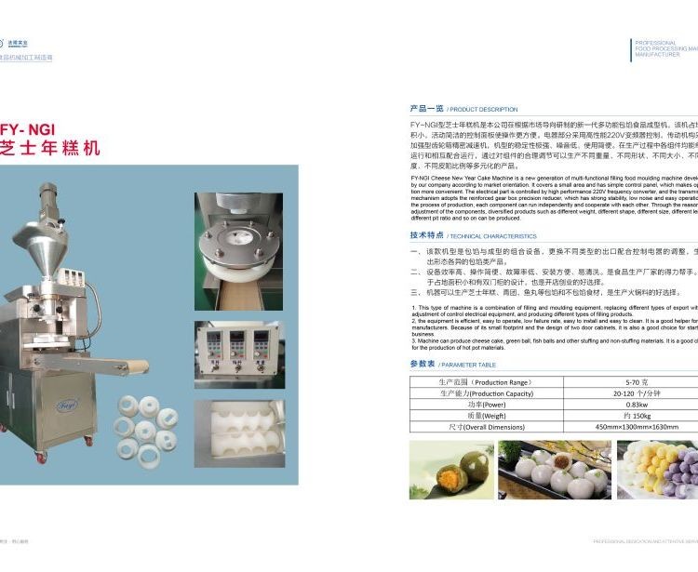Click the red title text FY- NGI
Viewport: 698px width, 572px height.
[28, 129]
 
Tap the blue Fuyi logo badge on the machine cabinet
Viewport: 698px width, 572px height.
[67, 406]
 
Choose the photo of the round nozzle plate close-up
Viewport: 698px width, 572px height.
[239, 250]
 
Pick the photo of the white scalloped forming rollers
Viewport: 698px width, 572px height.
[239, 434]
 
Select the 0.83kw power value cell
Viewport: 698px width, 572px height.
[637, 405]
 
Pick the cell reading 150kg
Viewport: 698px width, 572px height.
[637, 416]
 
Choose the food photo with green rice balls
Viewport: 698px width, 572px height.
[450, 470]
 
